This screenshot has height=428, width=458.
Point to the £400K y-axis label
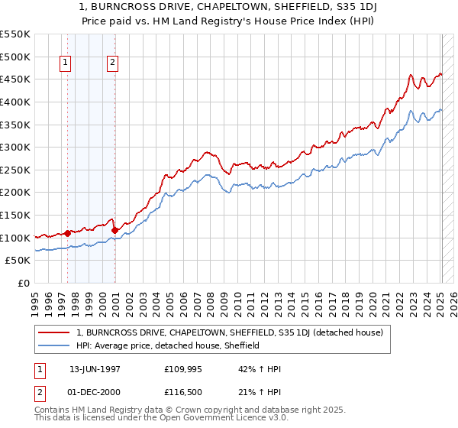pos(15,102)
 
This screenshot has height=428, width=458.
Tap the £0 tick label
pos(23,283)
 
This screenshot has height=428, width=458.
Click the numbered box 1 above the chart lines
pos(65,63)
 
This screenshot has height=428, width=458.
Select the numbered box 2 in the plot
pos(112,63)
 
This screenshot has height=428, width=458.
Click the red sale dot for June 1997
pos(67,233)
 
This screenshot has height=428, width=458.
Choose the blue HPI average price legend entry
pos(169,345)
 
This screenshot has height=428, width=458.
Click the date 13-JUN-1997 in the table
pos(95,369)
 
